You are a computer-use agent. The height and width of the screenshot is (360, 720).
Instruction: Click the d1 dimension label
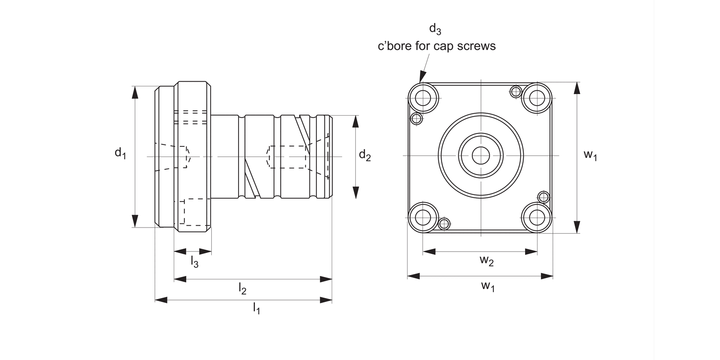[x=120, y=153]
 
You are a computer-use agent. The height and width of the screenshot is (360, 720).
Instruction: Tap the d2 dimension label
[x=365, y=155]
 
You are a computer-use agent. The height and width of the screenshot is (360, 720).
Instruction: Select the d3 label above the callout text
[x=435, y=29]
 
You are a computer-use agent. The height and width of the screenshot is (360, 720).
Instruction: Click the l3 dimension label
[x=194, y=261]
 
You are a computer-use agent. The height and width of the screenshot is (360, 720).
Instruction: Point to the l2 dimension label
[x=242, y=288]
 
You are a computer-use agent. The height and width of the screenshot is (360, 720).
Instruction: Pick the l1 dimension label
[x=256, y=308]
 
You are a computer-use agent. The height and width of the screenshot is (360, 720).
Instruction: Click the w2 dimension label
[x=487, y=261]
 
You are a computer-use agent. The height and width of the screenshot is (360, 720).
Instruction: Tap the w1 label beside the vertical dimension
[x=590, y=155]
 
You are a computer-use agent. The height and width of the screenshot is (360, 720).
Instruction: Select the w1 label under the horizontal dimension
[x=488, y=286]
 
